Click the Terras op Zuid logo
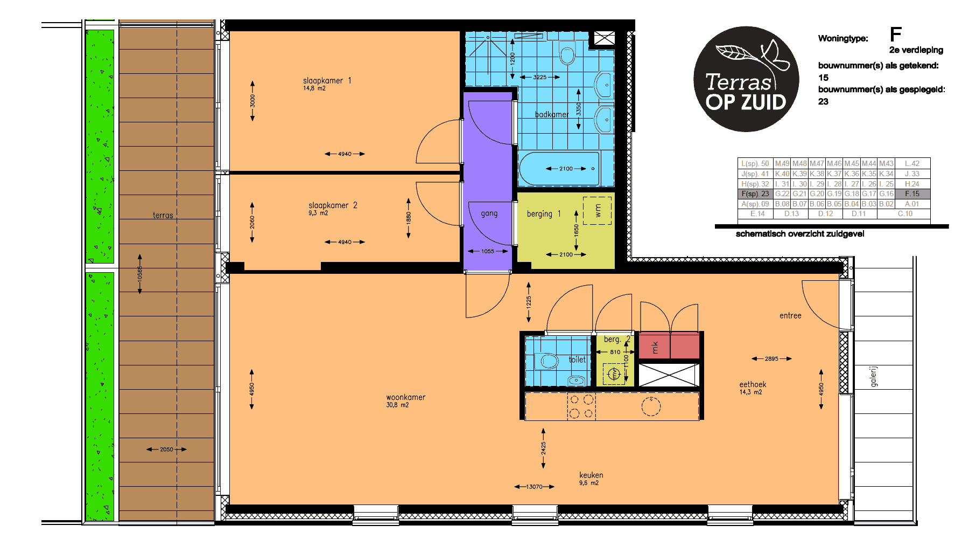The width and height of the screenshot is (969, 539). (x=746, y=79)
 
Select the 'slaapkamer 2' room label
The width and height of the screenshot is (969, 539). (x=333, y=205)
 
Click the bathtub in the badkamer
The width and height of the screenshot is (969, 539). (x=559, y=169)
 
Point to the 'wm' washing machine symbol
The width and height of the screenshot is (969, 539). (x=598, y=210)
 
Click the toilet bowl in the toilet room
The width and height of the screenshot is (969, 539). (x=549, y=361)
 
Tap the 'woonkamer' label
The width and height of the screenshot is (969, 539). (x=405, y=397)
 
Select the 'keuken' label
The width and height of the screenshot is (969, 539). (x=591, y=475)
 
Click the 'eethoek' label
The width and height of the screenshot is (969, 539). (x=753, y=384)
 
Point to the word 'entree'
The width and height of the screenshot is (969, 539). (x=790, y=316)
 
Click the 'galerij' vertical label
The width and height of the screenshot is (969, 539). (x=874, y=376)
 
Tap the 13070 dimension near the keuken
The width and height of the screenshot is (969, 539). (x=534, y=487)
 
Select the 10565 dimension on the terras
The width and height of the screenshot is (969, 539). (x=140, y=274)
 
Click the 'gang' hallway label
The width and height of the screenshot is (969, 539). (x=489, y=213)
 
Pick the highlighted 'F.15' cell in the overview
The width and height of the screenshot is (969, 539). (x=912, y=194)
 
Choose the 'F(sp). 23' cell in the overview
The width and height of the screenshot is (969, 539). (x=755, y=194)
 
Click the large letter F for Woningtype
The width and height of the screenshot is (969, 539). (x=896, y=34)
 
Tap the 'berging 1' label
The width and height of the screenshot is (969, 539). (x=544, y=214)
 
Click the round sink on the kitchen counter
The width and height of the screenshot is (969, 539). (x=651, y=407)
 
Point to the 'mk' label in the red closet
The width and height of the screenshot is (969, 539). (x=655, y=348)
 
